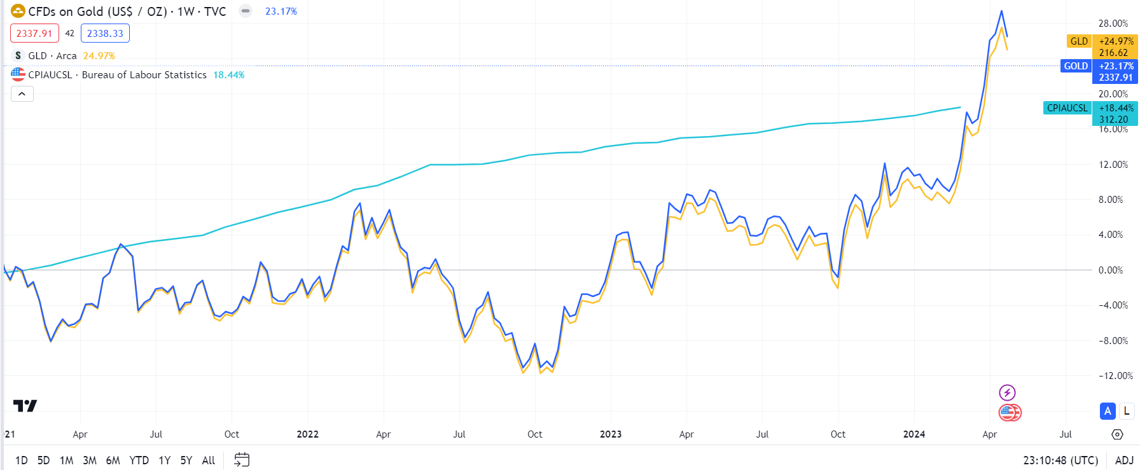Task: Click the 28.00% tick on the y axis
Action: point(1113,24)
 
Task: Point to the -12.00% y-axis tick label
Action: point(1115,376)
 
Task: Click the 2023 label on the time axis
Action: point(611,434)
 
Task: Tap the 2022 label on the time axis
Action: point(307,434)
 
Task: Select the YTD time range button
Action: point(139,460)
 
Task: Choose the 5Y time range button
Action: point(186,460)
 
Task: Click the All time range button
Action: point(208,460)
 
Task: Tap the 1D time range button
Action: point(21,460)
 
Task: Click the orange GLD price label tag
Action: point(1079,41)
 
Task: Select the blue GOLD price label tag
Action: point(1076,66)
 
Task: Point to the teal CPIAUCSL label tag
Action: point(1067,108)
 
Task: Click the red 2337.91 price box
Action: point(34,34)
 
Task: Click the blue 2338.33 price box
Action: point(105,34)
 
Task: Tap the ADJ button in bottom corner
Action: point(1124,460)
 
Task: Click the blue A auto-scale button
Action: point(1108,411)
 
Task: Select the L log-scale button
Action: point(1127,411)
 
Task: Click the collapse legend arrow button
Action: point(22,94)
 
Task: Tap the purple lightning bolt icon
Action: point(1007,392)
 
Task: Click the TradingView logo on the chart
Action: point(25,406)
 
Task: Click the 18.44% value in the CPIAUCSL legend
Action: point(228,75)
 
